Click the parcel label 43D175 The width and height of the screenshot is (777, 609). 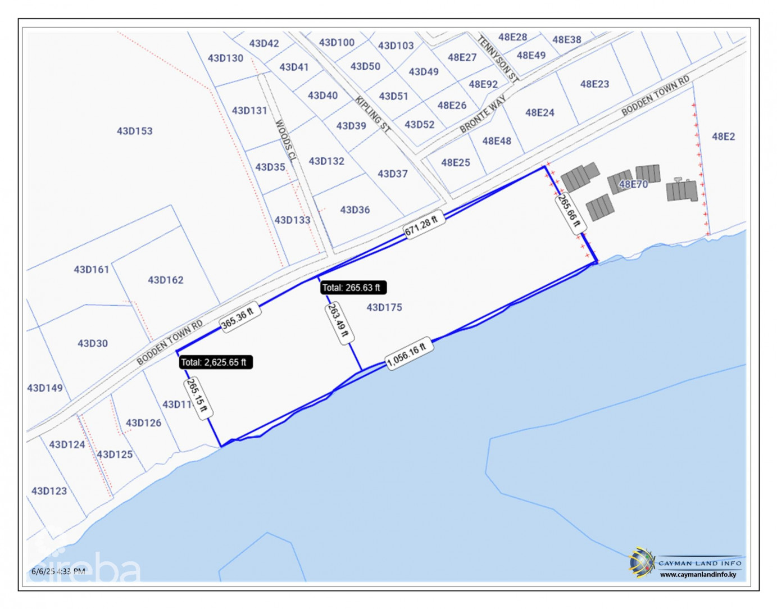coord(384,307)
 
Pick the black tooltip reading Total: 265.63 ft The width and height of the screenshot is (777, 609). coord(352,288)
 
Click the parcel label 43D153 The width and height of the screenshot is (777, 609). coord(135,131)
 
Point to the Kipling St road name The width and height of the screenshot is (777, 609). coord(372,114)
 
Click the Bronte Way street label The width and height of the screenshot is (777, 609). coord(483,114)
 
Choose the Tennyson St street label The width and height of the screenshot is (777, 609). coord(498,58)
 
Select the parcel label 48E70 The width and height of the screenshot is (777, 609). coord(633,184)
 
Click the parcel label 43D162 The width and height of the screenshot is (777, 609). coord(166,280)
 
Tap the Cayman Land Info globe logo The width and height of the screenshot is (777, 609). coord(642,562)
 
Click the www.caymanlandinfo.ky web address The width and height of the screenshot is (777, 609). coord(698,575)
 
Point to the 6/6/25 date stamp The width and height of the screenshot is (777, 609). coord(43,571)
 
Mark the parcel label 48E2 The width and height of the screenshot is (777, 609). coord(723,137)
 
